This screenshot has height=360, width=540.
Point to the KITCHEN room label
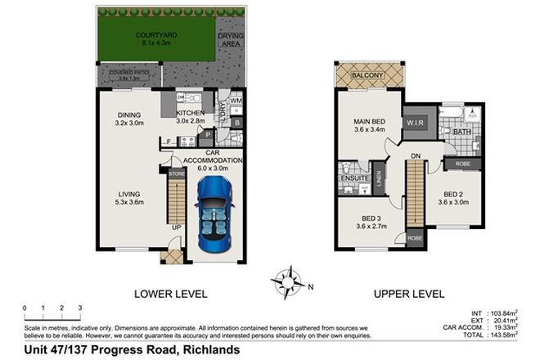[x=190, y=113]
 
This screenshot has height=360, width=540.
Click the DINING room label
[x=129, y=115]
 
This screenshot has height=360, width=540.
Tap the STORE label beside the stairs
[x=176, y=173]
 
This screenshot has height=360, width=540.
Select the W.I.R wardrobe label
[x=414, y=124]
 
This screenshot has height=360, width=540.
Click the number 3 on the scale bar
[x=80, y=308]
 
